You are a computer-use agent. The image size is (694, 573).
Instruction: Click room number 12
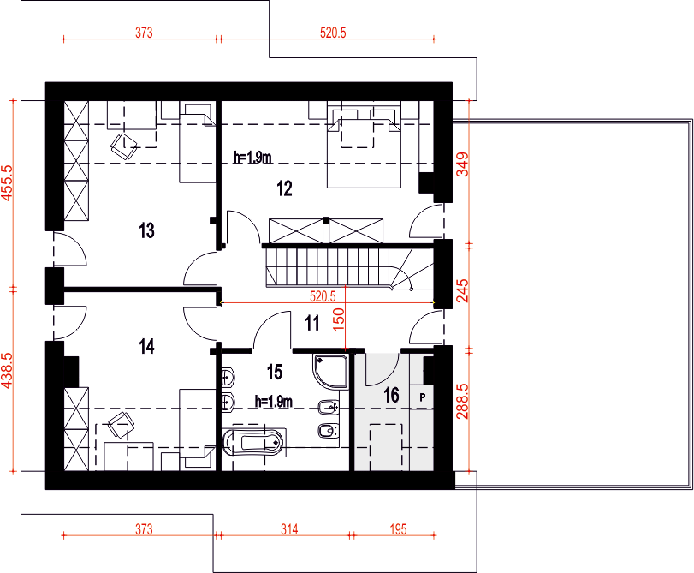[x=285, y=188]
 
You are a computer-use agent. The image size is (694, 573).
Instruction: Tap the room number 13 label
[x=146, y=230]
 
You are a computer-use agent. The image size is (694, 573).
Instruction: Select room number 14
[x=146, y=347]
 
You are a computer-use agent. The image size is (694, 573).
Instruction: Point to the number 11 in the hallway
[x=312, y=324]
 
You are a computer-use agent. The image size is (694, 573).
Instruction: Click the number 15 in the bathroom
[x=275, y=373]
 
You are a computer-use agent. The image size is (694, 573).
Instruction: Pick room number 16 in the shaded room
[x=391, y=395]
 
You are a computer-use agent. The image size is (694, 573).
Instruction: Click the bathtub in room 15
[x=253, y=442]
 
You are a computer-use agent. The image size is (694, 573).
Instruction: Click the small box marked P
[x=422, y=397]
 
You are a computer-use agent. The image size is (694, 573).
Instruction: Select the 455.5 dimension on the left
[x=8, y=183]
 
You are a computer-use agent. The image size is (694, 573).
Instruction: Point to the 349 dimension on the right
[x=462, y=164]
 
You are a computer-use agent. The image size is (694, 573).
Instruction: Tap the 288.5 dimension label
[x=462, y=401]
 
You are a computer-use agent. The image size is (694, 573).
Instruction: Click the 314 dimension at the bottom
[x=289, y=529]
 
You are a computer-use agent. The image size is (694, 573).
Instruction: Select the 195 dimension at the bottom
[x=398, y=529]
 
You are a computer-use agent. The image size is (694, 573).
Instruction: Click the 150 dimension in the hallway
[x=338, y=319]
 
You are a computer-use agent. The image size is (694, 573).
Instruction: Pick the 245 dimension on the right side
[x=462, y=290]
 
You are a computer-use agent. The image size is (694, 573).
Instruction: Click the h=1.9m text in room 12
[x=252, y=158]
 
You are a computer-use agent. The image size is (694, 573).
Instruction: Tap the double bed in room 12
[x=364, y=146]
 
